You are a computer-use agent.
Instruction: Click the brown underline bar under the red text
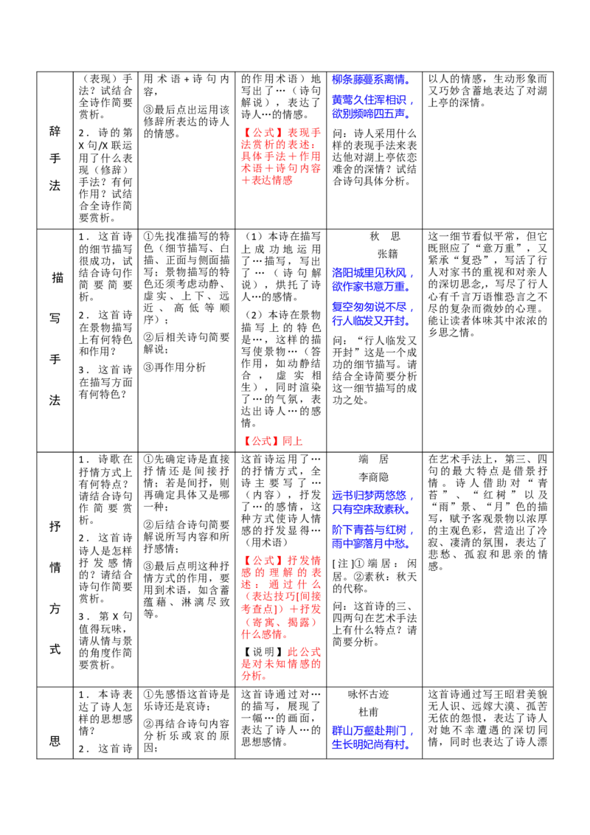(x=294, y=682)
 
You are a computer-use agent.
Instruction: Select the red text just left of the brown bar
(x=251, y=677)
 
